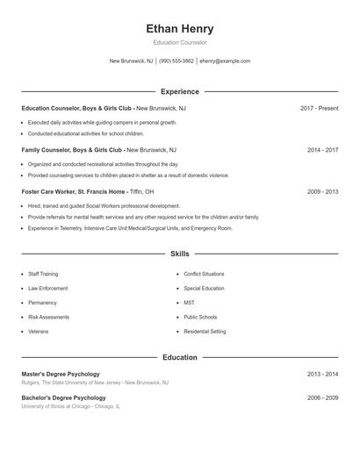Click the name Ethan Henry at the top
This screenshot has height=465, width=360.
pos(179,29)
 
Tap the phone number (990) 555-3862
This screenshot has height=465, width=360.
pos(176,61)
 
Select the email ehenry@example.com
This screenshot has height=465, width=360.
pos(225,61)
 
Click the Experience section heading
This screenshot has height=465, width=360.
pos(180,91)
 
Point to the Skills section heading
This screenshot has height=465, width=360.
pos(180,254)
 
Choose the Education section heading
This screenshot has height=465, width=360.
pos(180,357)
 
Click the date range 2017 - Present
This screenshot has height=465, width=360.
pos(319,108)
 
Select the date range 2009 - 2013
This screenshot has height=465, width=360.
pos(322,191)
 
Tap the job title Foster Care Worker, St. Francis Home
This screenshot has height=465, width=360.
pos(74,191)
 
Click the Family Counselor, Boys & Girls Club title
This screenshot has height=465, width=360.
pos(71,150)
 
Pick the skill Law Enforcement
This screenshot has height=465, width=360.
pos(47,288)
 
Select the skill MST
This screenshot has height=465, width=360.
pos(190,303)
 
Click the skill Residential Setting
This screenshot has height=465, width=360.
pos(205,332)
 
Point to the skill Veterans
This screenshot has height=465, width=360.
pos(39,332)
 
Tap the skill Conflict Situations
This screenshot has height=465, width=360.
pos(204,274)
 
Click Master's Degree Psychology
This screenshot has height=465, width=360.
pos(61,374)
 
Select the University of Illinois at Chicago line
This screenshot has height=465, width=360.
pos(71,407)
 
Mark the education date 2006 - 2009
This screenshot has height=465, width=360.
pos(322,398)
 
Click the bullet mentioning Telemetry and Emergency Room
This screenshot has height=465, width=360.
pos(130,228)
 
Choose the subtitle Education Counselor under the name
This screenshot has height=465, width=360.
pos(179,43)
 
